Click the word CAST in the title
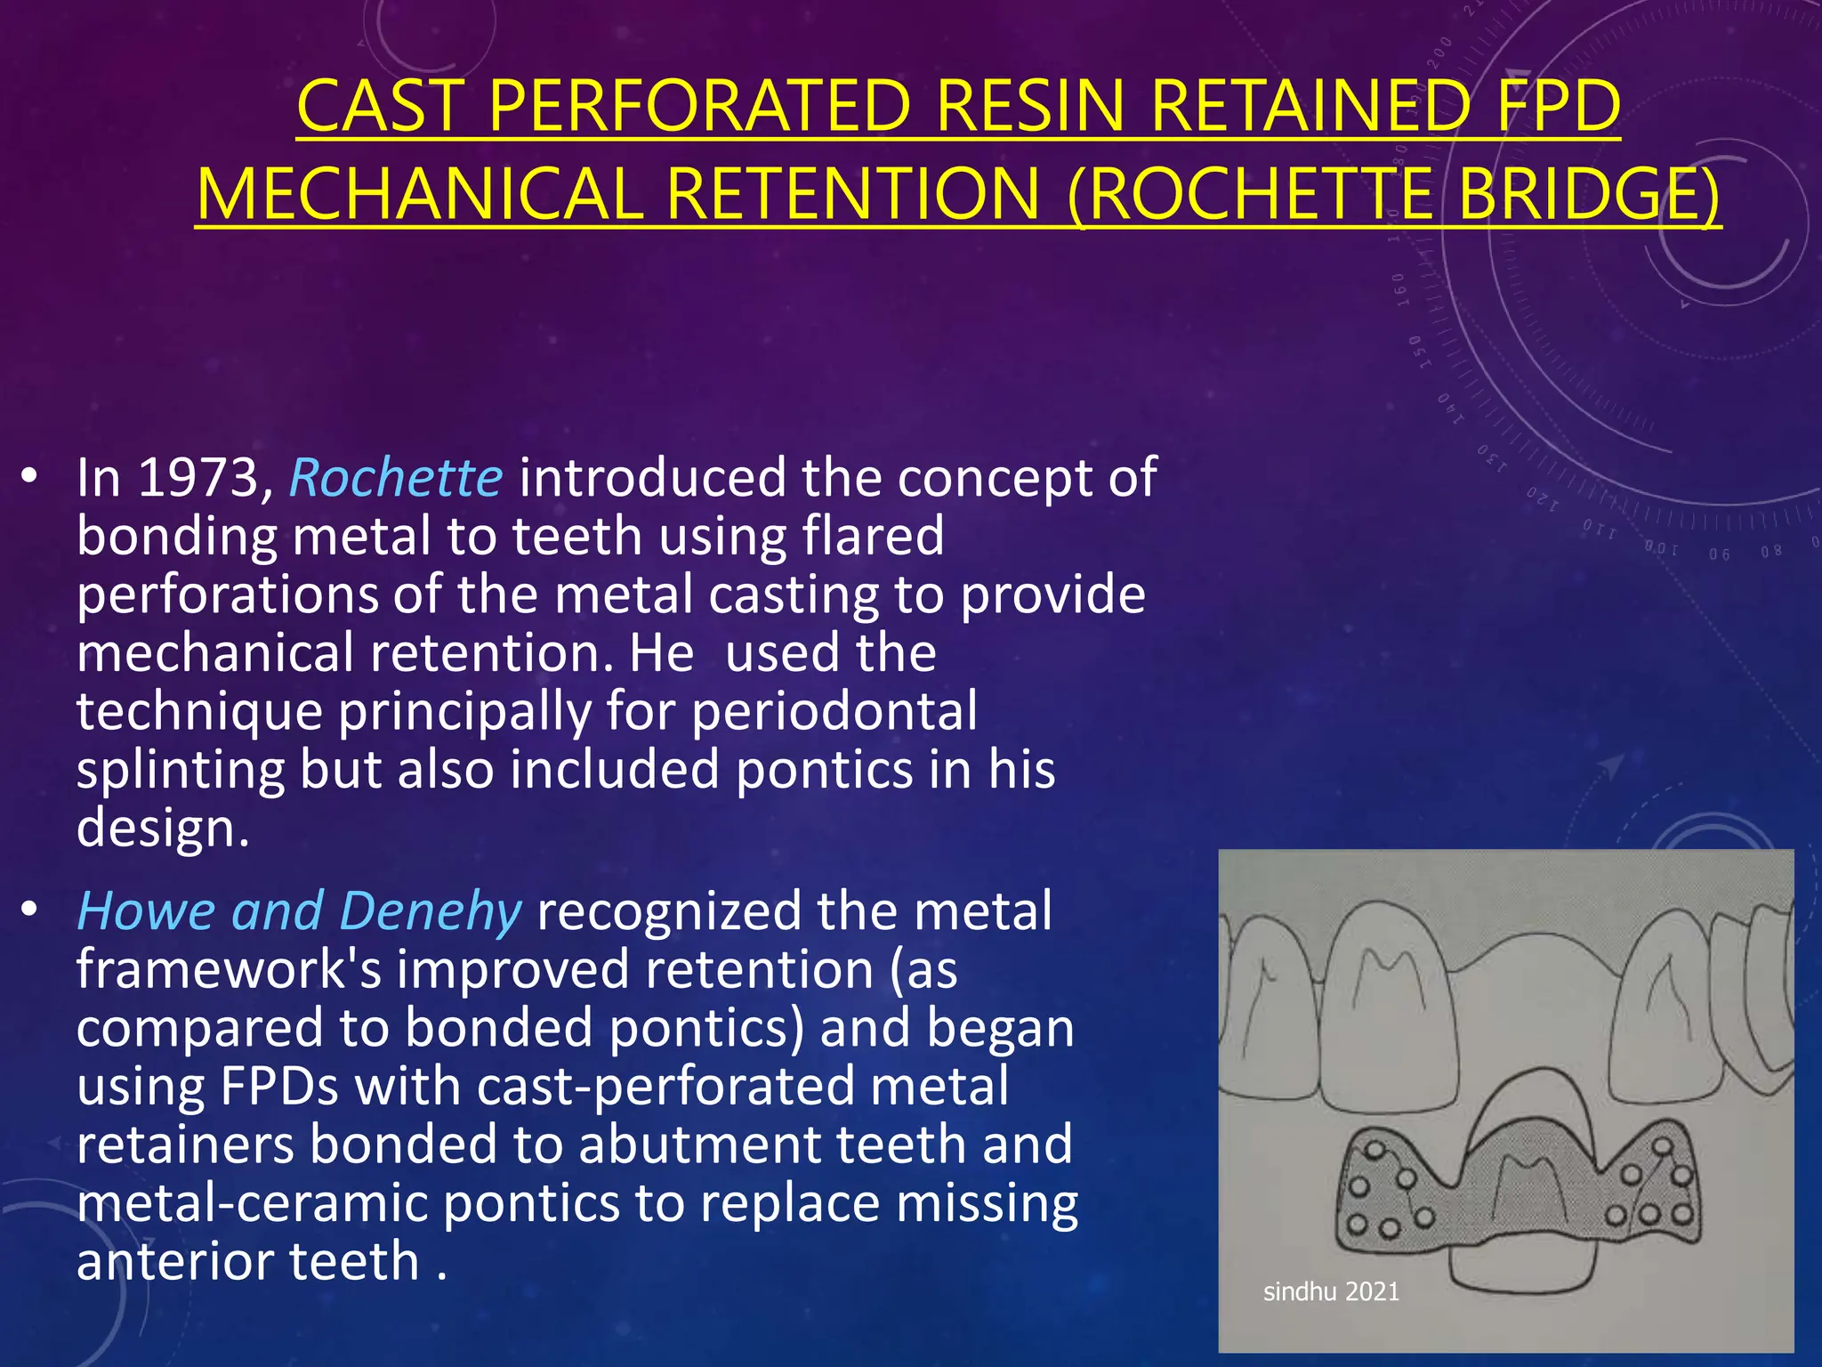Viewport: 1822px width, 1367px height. tap(381, 107)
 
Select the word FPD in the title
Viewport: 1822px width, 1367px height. tap(1559, 107)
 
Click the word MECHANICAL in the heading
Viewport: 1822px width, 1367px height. tap(420, 194)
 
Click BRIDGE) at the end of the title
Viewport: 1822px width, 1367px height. tap(1589, 194)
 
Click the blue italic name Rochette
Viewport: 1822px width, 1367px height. tap(396, 478)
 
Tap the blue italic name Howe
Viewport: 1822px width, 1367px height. tap(147, 911)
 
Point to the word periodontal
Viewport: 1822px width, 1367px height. tap(834, 712)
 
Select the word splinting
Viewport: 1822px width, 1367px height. tap(181, 770)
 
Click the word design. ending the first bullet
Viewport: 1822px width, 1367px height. tap(163, 829)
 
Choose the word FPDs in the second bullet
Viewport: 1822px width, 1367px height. tap(278, 1087)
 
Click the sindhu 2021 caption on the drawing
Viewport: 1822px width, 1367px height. tap(1331, 1291)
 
